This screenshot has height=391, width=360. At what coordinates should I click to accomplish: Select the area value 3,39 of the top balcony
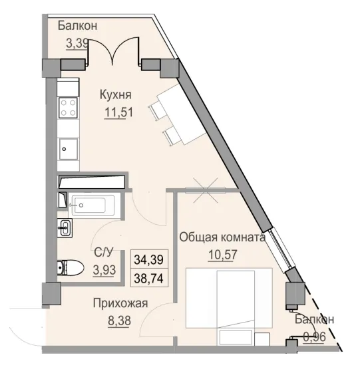click(77, 45)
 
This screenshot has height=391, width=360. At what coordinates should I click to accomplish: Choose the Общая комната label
click(223, 237)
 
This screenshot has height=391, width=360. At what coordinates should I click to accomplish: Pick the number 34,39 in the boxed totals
click(150, 257)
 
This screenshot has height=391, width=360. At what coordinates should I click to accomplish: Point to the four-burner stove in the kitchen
click(68, 109)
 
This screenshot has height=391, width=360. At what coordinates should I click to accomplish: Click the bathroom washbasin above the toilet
click(65, 228)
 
